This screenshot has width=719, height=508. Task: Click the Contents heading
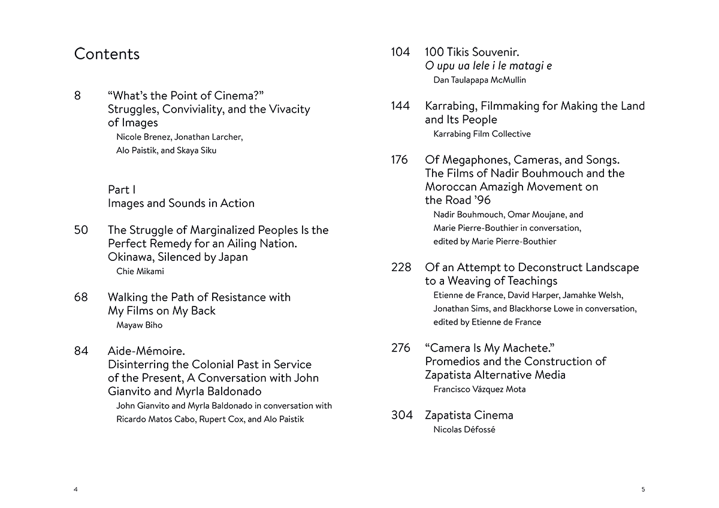(107, 54)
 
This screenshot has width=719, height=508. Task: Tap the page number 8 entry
(78, 95)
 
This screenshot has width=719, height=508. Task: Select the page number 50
(81, 230)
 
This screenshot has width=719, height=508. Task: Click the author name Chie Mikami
(140, 271)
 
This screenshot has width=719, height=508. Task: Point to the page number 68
(81, 297)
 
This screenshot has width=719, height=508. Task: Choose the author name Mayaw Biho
(139, 325)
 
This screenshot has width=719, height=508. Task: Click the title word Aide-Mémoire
(146, 351)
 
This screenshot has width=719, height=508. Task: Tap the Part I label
(122, 190)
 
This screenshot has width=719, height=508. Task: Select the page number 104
(400, 52)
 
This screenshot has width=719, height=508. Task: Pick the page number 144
(400, 106)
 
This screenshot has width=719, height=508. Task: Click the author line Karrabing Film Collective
(482, 134)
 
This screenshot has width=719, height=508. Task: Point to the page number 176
(400, 160)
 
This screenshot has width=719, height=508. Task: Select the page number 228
(401, 267)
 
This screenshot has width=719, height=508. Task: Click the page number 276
(401, 348)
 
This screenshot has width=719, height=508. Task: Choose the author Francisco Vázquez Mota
(479, 389)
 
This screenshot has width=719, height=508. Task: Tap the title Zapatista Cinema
(469, 415)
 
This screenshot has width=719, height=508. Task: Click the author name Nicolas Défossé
(464, 429)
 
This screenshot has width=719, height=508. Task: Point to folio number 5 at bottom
(643, 489)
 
